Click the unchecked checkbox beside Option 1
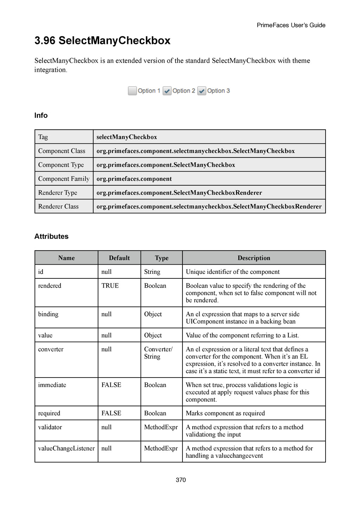[x=132, y=91]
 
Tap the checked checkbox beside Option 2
[x=167, y=91]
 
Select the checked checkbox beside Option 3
[x=201, y=91]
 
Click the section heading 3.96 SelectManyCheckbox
[x=102, y=41]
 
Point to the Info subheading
[x=41, y=115]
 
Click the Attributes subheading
[x=51, y=236]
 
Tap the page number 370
[x=181, y=480]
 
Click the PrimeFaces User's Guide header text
[x=291, y=25]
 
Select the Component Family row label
[x=64, y=179]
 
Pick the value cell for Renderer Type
[x=179, y=193]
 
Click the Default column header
[x=119, y=258]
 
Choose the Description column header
[x=254, y=258]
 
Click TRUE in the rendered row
[x=110, y=286]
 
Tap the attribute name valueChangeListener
[x=66, y=448]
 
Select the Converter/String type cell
[x=158, y=353]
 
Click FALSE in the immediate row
[x=111, y=385]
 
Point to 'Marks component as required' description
[x=225, y=413]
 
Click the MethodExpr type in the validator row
[x=161, y=427]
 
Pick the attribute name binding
[x=48, y=314]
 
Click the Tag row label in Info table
[x=43, y=137]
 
